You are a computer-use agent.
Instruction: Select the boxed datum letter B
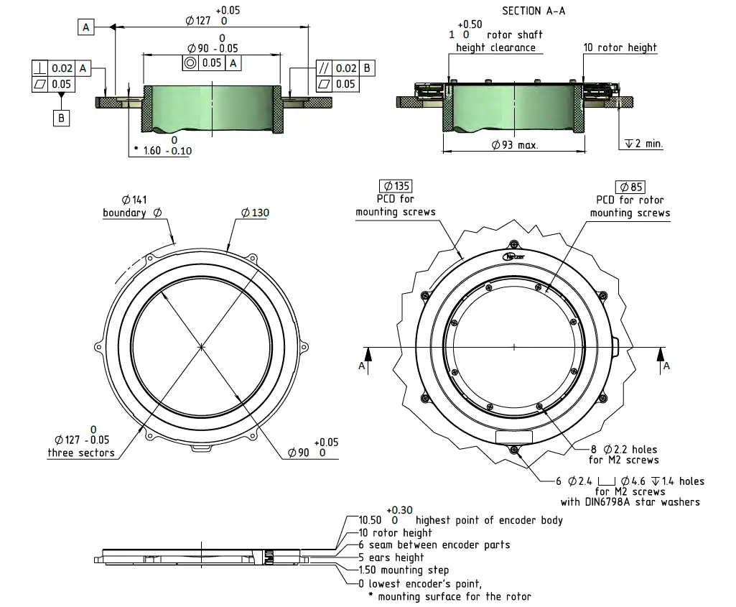tap(62, 117)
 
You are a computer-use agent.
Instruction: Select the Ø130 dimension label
tap(255, 213)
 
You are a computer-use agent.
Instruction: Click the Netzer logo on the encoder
tap(514, 256)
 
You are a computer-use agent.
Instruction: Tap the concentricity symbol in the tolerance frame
tap(190, 63)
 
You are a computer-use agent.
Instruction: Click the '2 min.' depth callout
tap(644, 144)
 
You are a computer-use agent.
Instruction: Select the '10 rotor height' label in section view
tap(620, 47)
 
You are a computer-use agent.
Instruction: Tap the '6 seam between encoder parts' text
tap(434, 545)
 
